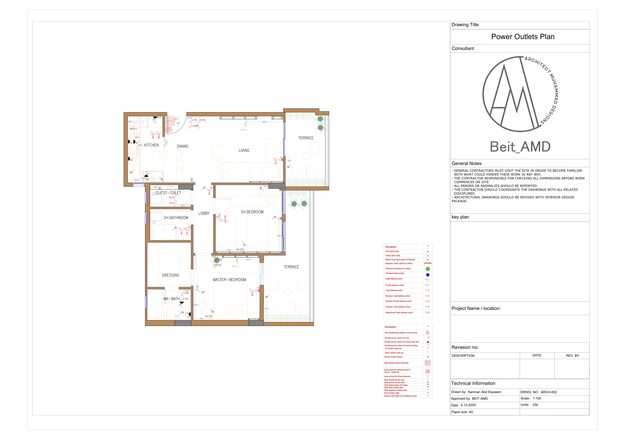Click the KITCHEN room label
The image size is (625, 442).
pos(151,145)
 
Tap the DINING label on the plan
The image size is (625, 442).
pos(183,146)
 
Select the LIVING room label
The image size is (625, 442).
pos(244,151)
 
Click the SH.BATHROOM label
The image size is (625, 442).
pos(176,218)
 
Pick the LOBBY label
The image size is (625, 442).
pos(204,214)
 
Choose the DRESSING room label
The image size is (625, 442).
pos(171,275)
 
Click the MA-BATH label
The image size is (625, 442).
pos(172,299)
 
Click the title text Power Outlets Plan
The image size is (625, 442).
pos(523,37)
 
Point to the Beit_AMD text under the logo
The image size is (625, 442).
pos(520,147)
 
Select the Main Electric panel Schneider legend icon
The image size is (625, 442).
pos(428,363)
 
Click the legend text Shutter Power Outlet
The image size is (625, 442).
pos(394,357)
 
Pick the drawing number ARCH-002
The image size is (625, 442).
pos(549,392)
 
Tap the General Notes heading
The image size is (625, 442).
pos(467,164)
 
